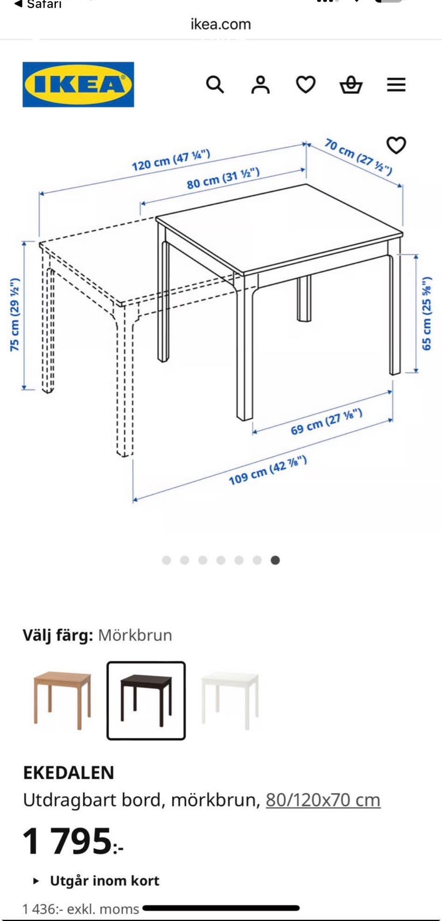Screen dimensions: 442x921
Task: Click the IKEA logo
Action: click(x=78, y=84)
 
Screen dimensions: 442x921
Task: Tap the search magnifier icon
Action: click(x=215, y=85)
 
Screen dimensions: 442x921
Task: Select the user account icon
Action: click(x=261, y=85)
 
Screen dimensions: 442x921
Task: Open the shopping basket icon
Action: click(x=350, y=85)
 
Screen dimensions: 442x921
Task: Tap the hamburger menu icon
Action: click(x=397, y=85)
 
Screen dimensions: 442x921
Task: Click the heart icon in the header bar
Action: click(x=306, y=85)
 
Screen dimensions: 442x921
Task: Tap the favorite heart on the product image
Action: click(x=397, y=145)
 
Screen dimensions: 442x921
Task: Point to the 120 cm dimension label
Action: click(x=171, y=161)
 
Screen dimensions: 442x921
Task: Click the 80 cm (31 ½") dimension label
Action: click(x=223, y=178)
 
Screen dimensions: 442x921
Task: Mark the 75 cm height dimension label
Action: click(x=15, y=314)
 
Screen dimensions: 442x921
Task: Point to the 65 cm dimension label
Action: click(x=427, y=313)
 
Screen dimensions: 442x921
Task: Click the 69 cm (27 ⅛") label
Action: click(x=326, y=422)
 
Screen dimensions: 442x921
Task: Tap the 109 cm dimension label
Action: click(x=268, y=470)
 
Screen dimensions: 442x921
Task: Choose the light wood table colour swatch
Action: click(x=63, y=701)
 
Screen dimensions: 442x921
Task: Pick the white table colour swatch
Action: click(x=230, y=701)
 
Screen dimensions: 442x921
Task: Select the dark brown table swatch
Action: click(x=146, y=701)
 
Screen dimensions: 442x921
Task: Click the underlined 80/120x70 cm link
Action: click(x=323, y=800)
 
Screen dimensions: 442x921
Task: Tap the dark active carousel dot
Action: click(x=276, y=560)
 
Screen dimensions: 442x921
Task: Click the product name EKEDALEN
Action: click(x=68, y=772)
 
